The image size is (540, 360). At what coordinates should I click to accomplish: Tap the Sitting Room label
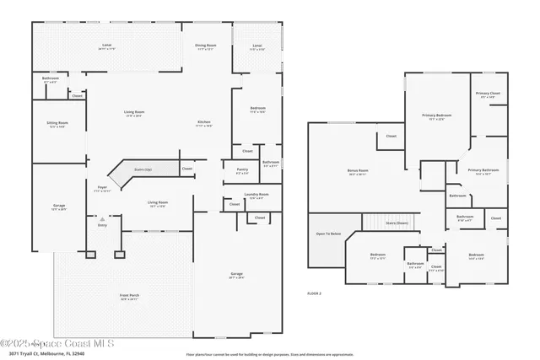pos(57,123)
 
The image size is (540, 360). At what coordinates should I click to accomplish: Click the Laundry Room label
pos(257,195)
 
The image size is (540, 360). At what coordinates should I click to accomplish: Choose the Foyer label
pos(102,188)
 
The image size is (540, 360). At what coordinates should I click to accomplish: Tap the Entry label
pos(103,226)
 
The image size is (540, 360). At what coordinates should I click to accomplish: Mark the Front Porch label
pos(129,295)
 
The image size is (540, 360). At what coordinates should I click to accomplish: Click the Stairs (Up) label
pos(143,169)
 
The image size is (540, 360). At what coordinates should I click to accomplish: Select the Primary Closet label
pos(488,94)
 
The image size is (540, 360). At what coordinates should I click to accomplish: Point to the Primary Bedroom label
pos(437,116)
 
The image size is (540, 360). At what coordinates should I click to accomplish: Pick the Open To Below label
pos(328,234)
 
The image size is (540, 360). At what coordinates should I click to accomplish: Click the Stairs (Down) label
pos(397,223)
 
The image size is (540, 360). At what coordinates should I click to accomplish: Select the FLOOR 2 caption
pos(314,293)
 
